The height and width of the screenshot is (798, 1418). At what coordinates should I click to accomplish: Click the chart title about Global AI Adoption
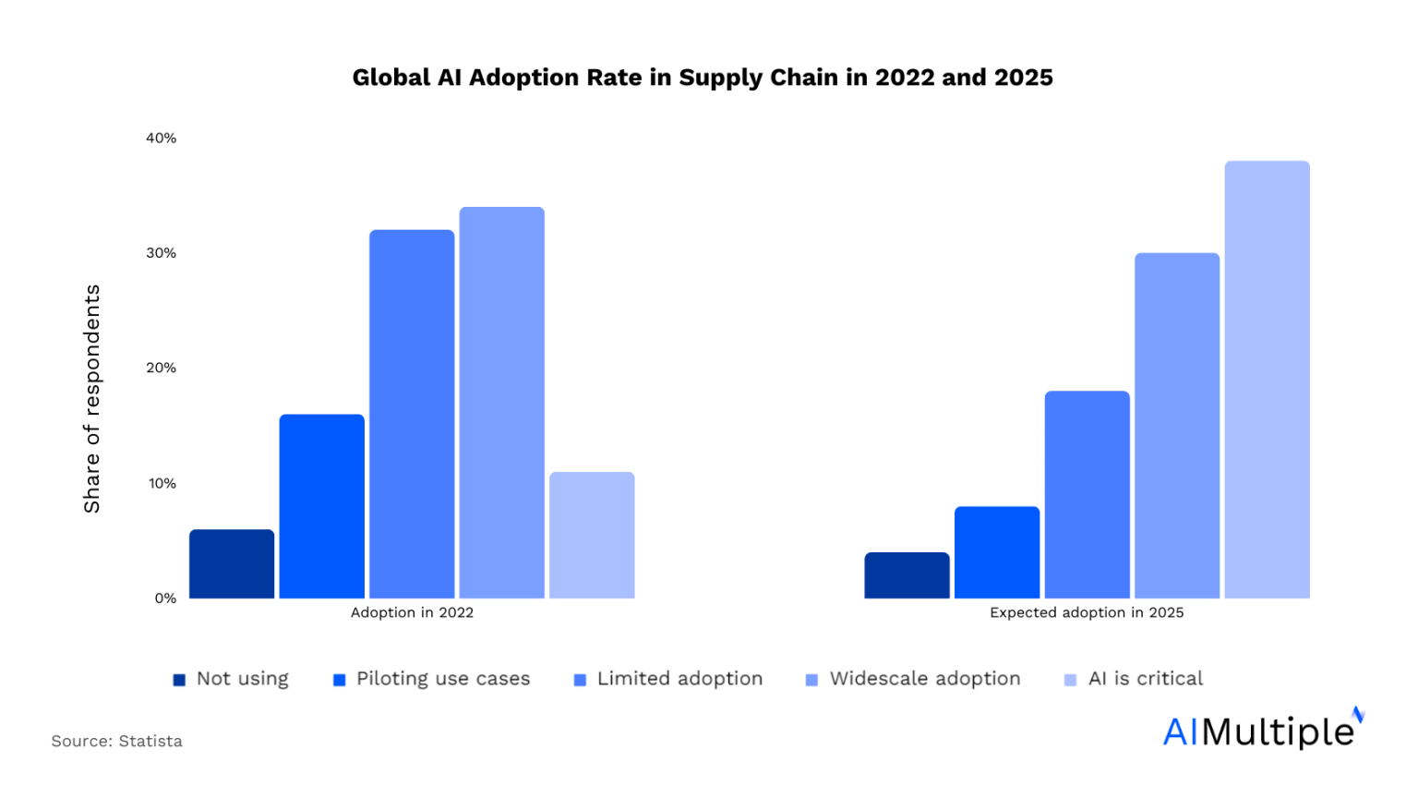(702, 78)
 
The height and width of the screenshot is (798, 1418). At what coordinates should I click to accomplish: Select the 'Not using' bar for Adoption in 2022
(232, 564)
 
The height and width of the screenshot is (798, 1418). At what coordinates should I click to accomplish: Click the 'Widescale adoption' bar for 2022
(501, 403)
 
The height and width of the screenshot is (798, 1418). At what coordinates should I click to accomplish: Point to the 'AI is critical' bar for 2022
(592, 536)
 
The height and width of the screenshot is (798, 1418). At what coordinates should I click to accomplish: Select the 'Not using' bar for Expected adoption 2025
(907, 575)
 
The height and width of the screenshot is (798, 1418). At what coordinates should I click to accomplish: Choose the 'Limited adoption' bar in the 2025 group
(1087, 495)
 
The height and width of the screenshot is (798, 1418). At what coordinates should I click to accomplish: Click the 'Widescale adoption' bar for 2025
(1177, 426)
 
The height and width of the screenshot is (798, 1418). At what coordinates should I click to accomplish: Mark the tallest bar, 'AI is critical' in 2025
(1267, 380)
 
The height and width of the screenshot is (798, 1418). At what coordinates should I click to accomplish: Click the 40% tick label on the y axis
(161, 138)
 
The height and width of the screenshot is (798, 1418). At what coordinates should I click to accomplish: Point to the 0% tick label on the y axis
(165, 598)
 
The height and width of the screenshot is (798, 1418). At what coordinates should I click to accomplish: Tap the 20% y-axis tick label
(161, 368)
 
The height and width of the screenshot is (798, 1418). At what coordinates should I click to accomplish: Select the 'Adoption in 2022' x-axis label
(412, 612)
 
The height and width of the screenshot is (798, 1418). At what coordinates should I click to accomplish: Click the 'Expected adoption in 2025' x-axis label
(1087, 612)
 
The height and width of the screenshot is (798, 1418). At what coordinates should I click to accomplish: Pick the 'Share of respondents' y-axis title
(91, 398)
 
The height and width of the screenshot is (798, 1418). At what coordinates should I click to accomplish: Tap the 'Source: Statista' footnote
(117, 741)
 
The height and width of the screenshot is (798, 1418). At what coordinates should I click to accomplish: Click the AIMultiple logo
(1262, 730)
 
